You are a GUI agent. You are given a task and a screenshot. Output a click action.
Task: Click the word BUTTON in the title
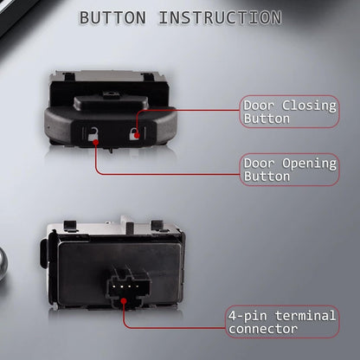pos(112,17)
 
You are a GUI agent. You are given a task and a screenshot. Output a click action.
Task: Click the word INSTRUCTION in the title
pos(221,17)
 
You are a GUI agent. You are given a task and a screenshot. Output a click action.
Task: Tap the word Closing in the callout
pos(309,106)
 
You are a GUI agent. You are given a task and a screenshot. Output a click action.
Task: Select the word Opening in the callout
pos(309,164)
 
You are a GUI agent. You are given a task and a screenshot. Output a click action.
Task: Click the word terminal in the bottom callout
pos(305,316)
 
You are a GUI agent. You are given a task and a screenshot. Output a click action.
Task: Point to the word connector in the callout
pos(263,329)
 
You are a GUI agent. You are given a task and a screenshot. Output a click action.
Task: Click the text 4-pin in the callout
pos(247,316)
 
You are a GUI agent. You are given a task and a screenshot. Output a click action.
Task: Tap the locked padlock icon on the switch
pos(134,133)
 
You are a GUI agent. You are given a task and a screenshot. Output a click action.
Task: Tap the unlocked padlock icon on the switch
pos(93,134)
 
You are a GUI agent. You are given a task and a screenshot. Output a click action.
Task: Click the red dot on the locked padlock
pos(137,135)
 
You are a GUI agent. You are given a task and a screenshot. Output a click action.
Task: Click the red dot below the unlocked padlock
pos(96,142)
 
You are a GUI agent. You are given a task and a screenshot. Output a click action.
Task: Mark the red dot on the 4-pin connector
pos(124,301)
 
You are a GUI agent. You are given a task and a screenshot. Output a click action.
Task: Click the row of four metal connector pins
pos(125,286)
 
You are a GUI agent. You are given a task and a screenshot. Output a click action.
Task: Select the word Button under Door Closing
pos(267,119)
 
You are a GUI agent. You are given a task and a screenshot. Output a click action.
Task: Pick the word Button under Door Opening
pos(267,177)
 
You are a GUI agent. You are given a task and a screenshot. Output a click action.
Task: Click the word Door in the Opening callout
pos(259,164)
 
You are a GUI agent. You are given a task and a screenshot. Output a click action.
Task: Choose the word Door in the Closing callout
pos(259,106)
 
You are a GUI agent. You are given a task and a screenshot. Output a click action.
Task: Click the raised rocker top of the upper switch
pos(111,103)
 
